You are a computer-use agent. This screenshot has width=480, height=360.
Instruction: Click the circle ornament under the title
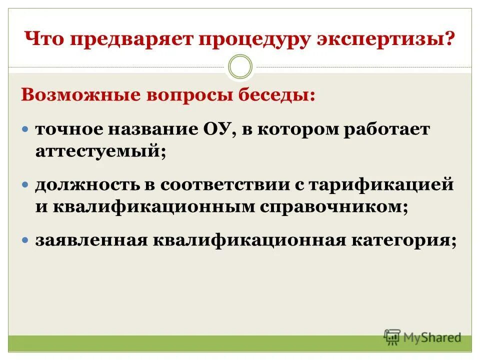[240, 67]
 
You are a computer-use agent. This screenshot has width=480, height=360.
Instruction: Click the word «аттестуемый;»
[100, 151]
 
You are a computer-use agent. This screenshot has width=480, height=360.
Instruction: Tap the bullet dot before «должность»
[26, 185]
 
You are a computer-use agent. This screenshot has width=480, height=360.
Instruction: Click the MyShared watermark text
[432, 337]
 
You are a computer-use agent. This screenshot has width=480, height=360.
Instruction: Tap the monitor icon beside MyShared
[392, 337]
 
